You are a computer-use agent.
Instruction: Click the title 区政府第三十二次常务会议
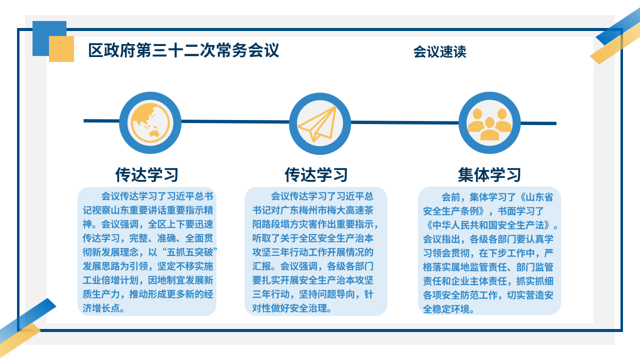(x=183, y=50)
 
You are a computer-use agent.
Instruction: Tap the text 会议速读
(x=439, y=52)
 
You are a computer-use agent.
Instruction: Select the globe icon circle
(x=150, y=123)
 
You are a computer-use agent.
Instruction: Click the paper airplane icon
(x=317, y=123)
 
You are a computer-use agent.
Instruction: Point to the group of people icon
(x=489, y=125)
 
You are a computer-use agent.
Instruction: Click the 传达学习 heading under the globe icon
(x=147, y=174)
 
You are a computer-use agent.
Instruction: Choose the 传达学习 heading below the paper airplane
(x=316, y=174)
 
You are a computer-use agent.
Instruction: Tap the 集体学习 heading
(x=489, y=174)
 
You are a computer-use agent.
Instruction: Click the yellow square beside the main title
(x=61, y=49)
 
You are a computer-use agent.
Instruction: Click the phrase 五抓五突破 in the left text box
(x=190, y=252)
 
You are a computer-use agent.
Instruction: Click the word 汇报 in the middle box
(x=261, y=266)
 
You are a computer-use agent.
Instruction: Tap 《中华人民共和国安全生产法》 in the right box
(x=488, y=225)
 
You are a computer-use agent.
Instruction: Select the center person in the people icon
(x=489, y=129)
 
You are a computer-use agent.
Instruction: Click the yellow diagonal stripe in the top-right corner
(x=614, y=43)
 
